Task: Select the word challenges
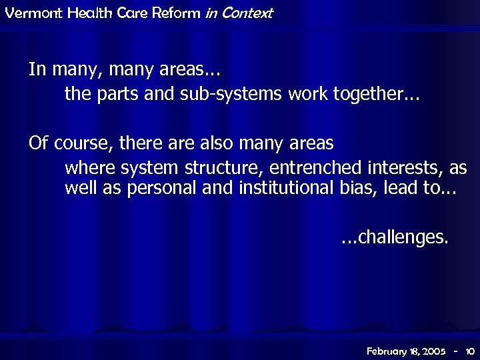[401, 237]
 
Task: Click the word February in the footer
[389, 350]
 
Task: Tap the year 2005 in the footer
[432, 350]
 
